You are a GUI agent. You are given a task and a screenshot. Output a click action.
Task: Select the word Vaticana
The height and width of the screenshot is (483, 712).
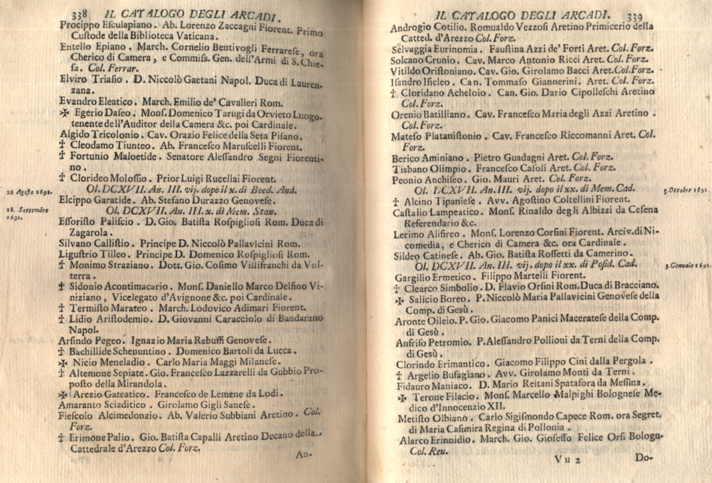[190, 38]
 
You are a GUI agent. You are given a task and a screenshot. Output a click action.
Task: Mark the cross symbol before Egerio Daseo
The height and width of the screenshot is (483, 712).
[64, 114]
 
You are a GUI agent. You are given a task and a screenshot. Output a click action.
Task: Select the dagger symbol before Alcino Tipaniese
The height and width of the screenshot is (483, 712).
[395, 200]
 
